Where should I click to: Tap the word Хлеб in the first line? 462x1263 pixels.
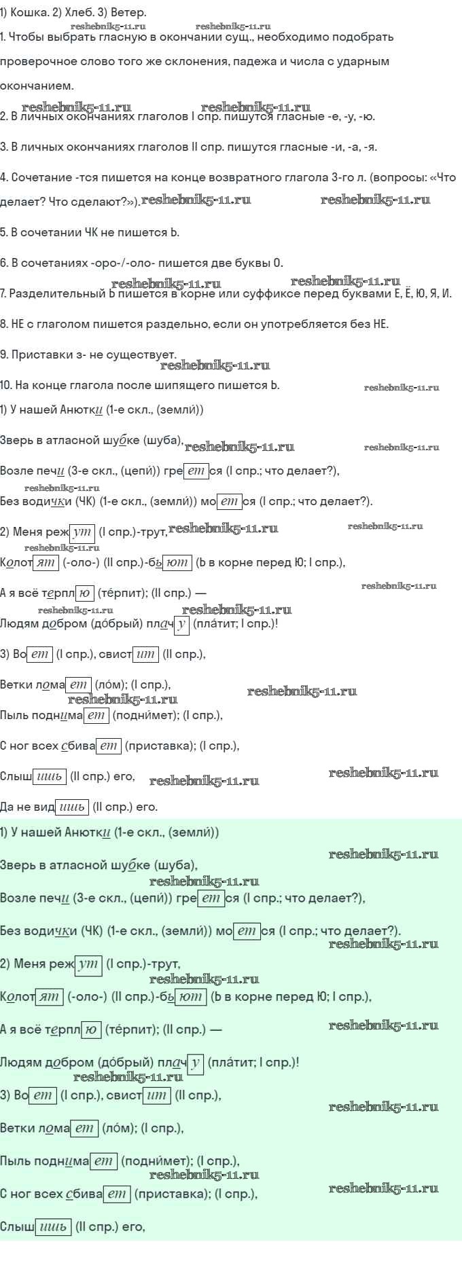click(x=75, y=12)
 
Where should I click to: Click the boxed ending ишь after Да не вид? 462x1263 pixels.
click(x=73, y=807)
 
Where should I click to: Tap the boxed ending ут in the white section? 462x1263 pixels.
click(x=83, y=532)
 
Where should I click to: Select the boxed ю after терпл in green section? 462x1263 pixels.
click(x=91, y=1030)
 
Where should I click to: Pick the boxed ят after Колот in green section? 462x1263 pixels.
click(x=49, y=997)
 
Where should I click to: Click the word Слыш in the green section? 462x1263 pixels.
click(x=17, y=1227)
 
